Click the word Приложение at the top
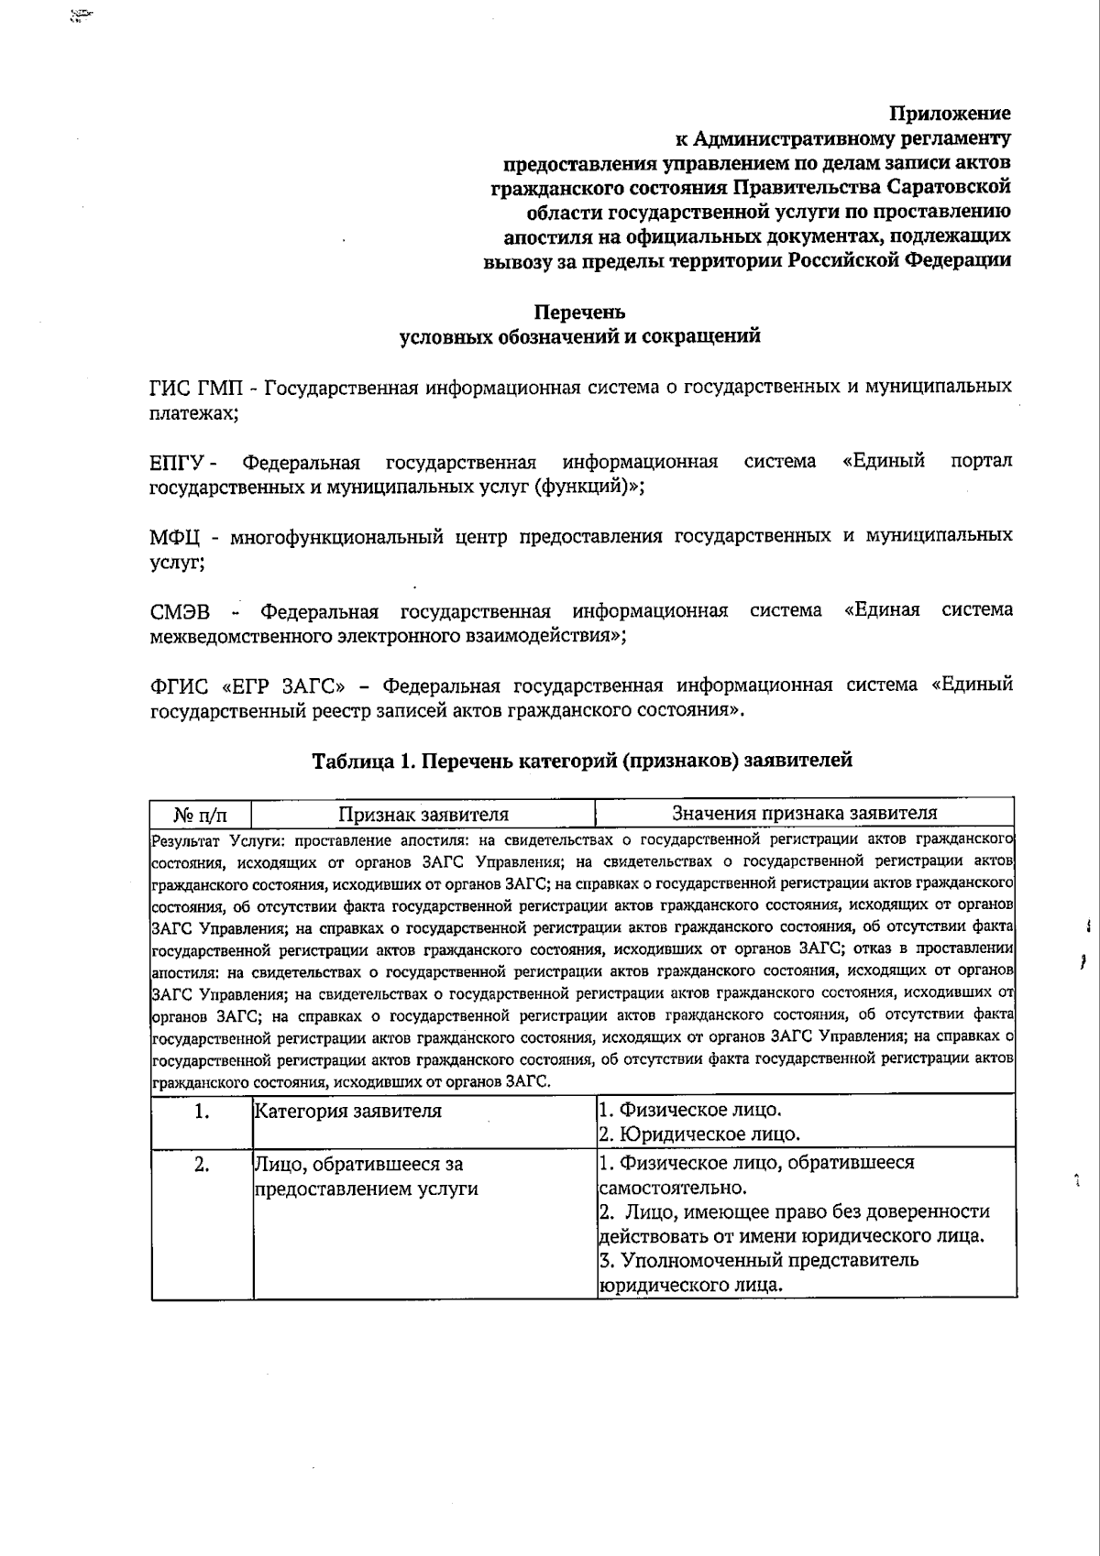951,114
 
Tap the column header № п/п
200,814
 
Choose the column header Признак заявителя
423,814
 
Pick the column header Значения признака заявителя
804,813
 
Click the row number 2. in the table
202,1165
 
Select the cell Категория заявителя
347,1112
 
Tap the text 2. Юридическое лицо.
698,1134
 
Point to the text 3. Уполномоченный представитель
758,1260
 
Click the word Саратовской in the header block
950,187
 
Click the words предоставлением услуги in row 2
366,1189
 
